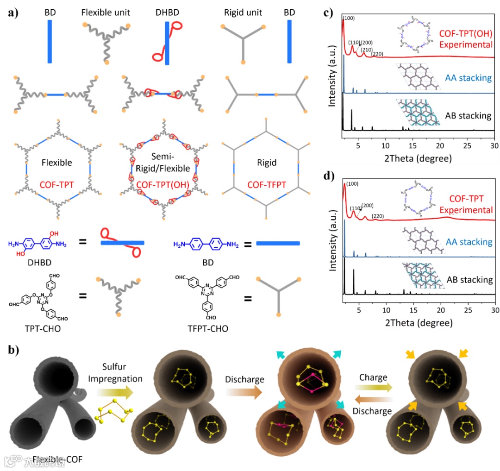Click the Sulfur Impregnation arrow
[116, 393]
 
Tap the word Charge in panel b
[373, 377]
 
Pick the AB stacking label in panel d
[469, 280]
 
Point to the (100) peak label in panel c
[350, 19]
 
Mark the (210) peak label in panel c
[367, 50]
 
